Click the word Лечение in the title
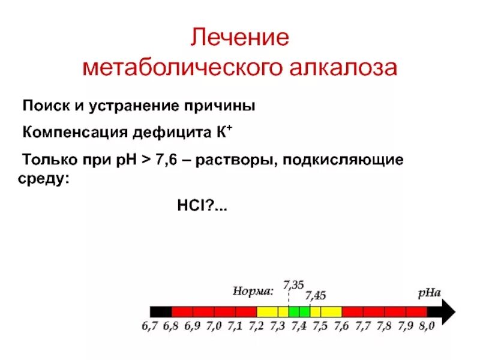tap(239, 38)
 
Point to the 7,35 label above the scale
tap(293, 284)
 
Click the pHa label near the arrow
tap(429, 293)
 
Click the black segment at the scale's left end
tap(161, 311)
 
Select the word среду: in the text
tap(43, 179)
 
